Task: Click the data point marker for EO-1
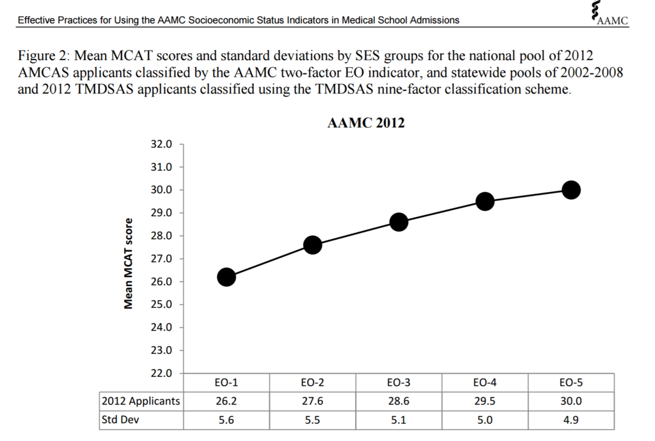pyautogui.click(x=226, y=277)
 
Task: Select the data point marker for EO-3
pyautogui.click(x=399, y=222)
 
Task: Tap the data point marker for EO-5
pyautogui.click(x=571, y=190)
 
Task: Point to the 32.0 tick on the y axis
pyautogui.click(x=161, y=144)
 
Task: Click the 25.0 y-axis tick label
pyautogui.click(x=161, y=305)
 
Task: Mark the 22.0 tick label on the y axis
pyautogui.click(x=161, y=373)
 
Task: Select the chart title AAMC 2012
pyautogui.click(x=366, y=124)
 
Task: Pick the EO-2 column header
pyautogui.click(x=312, y=383)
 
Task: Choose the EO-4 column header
pyautogui.click(x=485, y=383)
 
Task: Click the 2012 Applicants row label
pyautogui.click(x=141, y=401)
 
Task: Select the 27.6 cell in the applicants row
pyautogui.click(x=312, y=401)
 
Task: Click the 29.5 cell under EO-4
pyautogui.click(x=485, y=401)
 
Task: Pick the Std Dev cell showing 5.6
pyautogui.click(x=226, y=421)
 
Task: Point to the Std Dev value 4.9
pyautogui.click(x=571, y=421)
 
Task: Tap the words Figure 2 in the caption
pyautogui.click(x=43, y=56)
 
